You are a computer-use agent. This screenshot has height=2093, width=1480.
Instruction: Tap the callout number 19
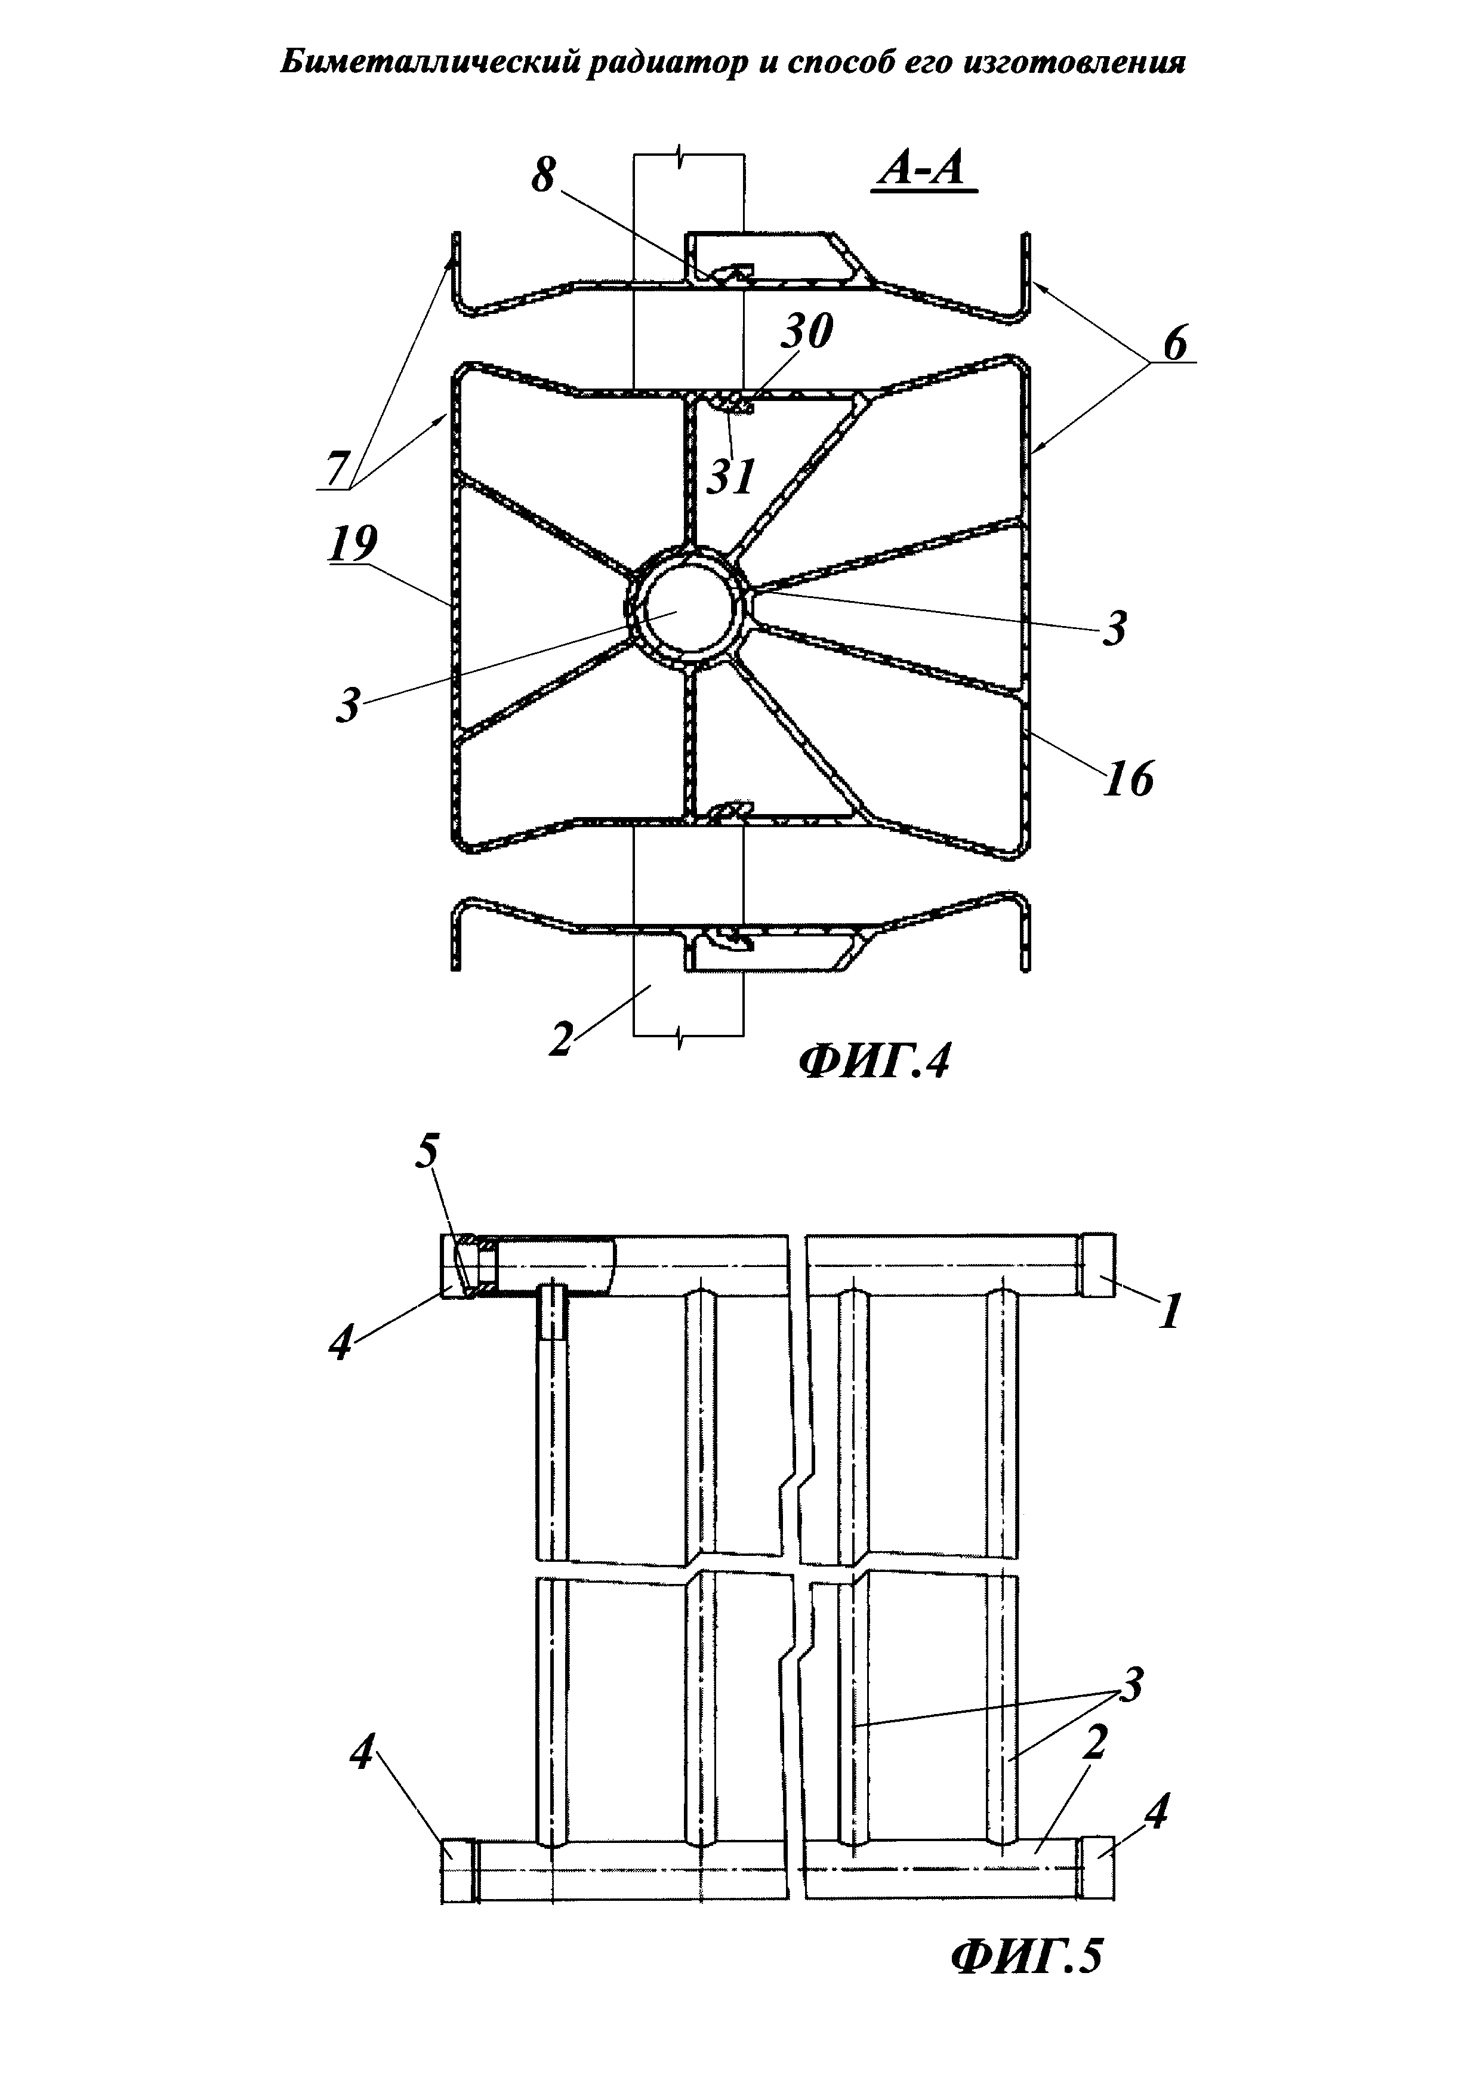tap(354, 544)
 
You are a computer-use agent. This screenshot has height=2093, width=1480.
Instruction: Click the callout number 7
tap(337, 470)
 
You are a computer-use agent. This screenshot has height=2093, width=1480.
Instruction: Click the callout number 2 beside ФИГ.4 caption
tap(560, 1038)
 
